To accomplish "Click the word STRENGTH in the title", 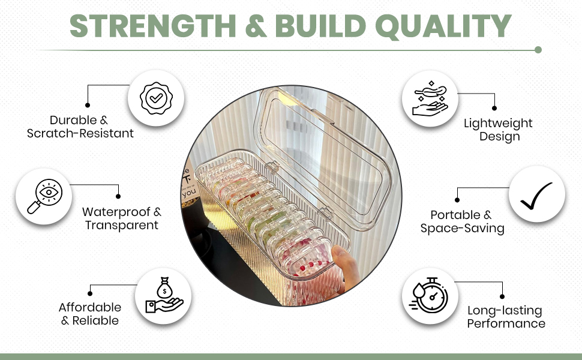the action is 152,26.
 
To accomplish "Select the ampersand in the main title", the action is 256,26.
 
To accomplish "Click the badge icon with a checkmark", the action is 156,98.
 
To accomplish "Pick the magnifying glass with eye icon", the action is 44,196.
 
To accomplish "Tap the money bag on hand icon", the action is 164,295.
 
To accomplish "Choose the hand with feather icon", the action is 430,99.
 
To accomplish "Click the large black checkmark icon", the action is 536,196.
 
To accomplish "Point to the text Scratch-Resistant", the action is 80,133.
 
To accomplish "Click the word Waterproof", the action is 116,212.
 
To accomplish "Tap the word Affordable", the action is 90,307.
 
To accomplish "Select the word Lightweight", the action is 498,123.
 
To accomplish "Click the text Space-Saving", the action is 462,228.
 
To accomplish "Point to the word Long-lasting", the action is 505,310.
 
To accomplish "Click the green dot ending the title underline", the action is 538,50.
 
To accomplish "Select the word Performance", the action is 506,323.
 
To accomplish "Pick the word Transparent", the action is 121,225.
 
